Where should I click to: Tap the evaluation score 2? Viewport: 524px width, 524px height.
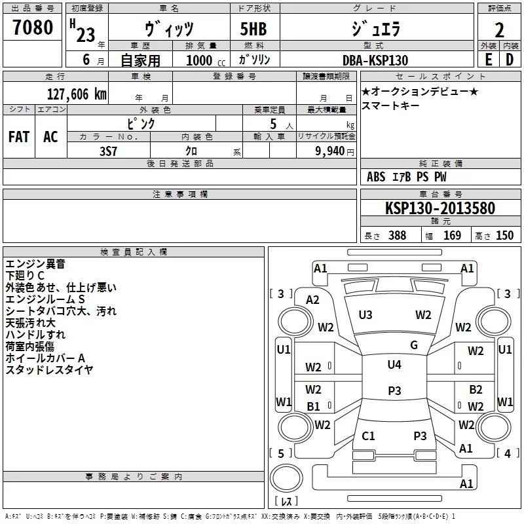pyautogui.click(x=498, y=31)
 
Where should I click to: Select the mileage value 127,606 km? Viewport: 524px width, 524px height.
pyautogui.click(x=76, y=94)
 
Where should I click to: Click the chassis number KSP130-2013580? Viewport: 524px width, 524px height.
pyautogui.click(x=440, y=208)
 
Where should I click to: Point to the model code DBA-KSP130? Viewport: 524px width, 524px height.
pyautogui.click(x=375, y=60)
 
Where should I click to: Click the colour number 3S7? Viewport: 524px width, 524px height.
pyautogui.click(x=109, y=151)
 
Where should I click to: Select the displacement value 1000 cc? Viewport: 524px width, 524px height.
pyautogui.click(x=202, y=60)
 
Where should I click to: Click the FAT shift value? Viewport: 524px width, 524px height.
pyautogui.click(x=18, y=136)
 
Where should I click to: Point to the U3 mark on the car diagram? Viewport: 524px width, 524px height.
pyautogui.click(x=365, y=315)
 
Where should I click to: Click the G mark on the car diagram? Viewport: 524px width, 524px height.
pyautogui.click(x=413, y=345)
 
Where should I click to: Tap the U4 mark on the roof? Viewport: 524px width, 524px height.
pyautogui.click(x=394, y=364)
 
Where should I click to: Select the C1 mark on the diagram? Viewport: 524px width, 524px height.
pyautogui.click(x=369, y=436)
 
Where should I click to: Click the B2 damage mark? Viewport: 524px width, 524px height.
pyautogui.click(x=476, y=389)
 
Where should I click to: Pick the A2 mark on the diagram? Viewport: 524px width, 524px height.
pyautogui.click(x=313, y=300)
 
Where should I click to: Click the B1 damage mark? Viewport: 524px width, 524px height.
pyautogui.click(x=314, y=406)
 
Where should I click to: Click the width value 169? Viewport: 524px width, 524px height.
pyautogui.click(x=453, y=236)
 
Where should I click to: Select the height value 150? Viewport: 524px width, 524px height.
pyautogui.click(x=504, y=236)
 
